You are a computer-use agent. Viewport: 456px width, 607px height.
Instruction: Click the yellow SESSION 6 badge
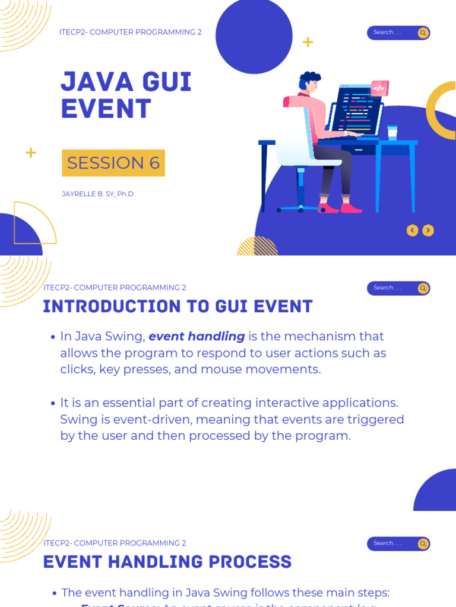(113, 163)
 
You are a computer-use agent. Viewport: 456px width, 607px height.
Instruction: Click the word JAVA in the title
(93, 82)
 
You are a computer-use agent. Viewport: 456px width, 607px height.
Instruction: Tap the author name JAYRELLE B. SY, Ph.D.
(98, 194)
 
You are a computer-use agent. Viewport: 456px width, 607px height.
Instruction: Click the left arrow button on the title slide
(412, 231)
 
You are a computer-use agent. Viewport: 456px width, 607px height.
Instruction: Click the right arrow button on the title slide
(428, 231)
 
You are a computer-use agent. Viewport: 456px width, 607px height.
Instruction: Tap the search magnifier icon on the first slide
(423, 33)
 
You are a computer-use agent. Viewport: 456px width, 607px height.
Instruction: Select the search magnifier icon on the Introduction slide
(423, 289)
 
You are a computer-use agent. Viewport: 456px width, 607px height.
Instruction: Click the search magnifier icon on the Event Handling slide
(423, 544)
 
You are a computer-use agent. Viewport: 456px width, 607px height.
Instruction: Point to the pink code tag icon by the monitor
(379, 88)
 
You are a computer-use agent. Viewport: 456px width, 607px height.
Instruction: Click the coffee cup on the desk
(392, 133)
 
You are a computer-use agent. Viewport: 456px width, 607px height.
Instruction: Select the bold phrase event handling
(197, 337)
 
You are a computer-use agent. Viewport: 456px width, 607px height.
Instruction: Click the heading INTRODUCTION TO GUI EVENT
(178, 306)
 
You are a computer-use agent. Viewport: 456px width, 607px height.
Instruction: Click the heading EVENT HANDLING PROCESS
(167, 561)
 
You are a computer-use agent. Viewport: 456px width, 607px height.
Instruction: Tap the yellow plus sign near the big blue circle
(308, 42)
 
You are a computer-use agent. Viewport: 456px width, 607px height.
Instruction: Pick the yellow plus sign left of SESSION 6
(31, 153)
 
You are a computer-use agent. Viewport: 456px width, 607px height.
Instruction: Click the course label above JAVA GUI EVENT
(130, 32)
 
